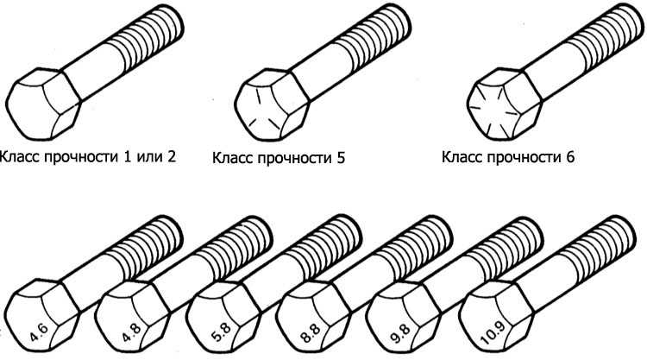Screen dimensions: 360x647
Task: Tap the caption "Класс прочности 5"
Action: [x=278, y=159]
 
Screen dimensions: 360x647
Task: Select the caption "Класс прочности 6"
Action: [x=507, y=158]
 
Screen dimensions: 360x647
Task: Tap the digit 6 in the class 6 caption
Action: [x=568, y=158]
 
